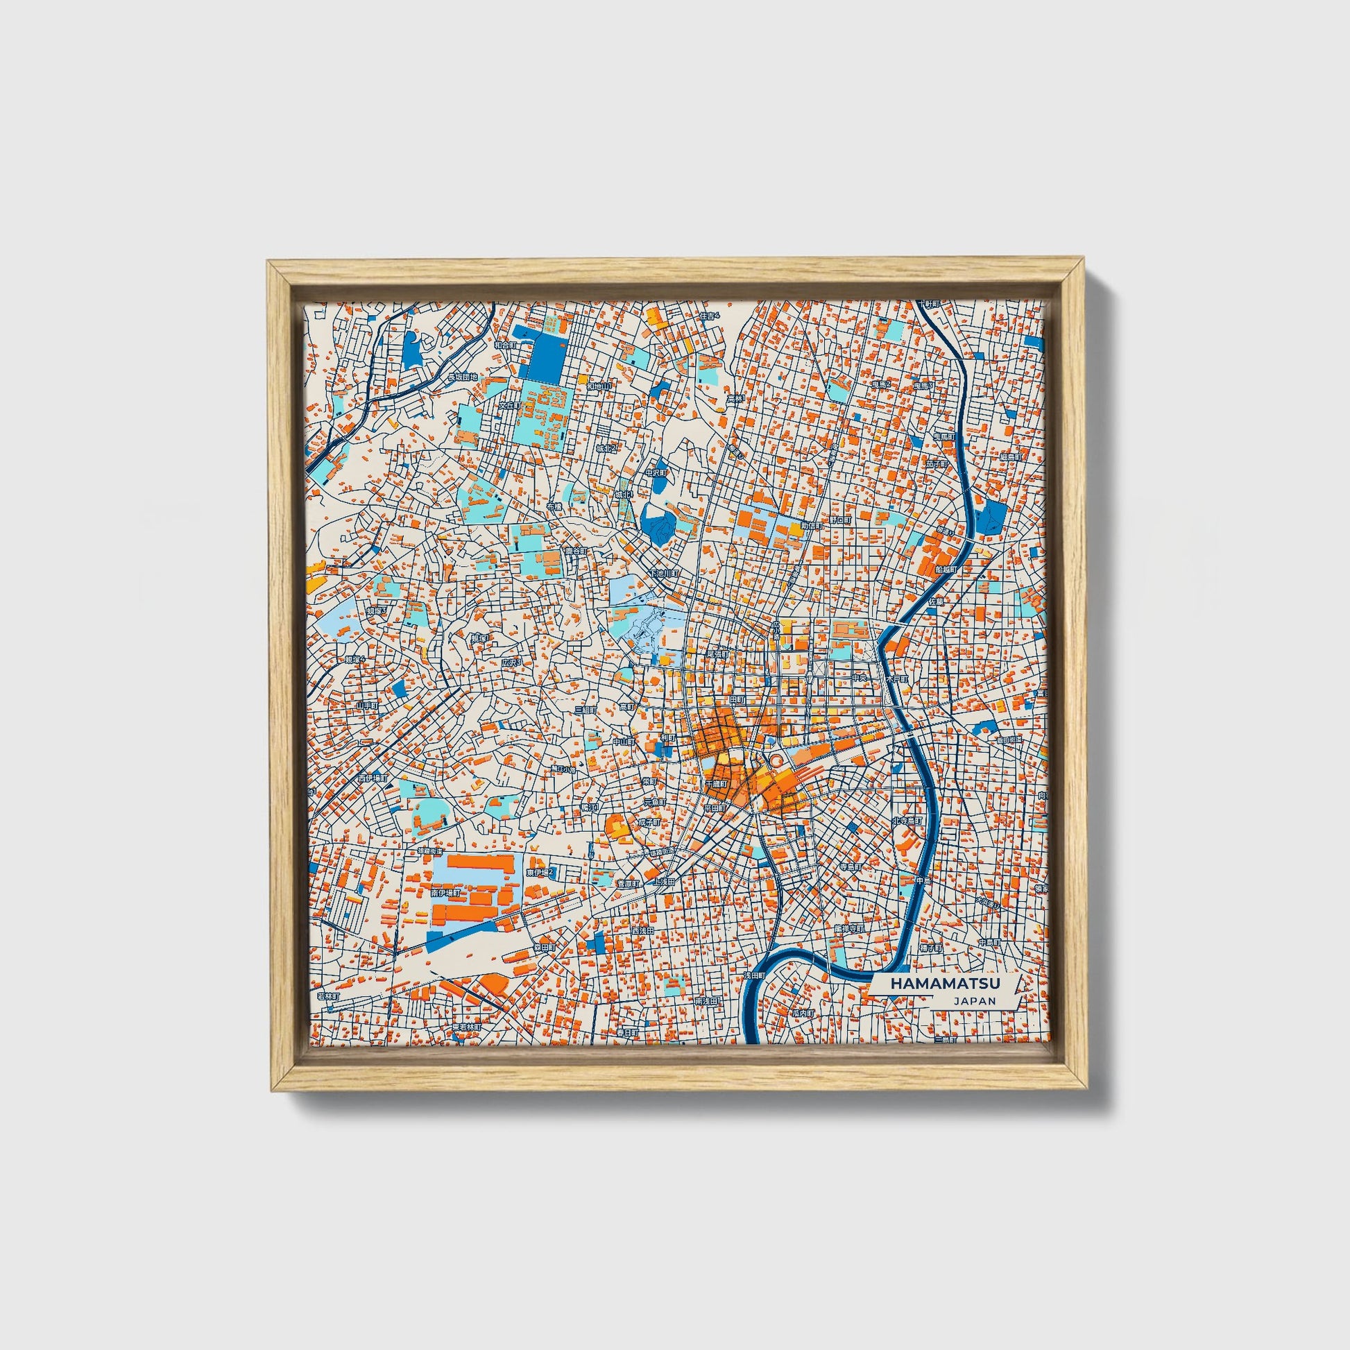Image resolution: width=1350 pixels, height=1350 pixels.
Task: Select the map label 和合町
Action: click(x=504, y=345)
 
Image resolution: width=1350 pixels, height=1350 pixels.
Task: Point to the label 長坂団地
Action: click(x=462, y=377)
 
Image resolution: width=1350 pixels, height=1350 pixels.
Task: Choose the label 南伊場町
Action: click(x=445, y=892)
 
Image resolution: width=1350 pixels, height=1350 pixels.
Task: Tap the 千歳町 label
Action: click(x=717, y=783)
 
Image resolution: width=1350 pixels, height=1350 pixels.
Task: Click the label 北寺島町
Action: click(x=907, y=821)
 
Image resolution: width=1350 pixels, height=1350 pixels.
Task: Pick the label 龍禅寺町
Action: click(x=849, y=928)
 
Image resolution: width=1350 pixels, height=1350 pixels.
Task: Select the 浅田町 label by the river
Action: click(x=755, y=974)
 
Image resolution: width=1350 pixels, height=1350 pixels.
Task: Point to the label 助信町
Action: click(x=811, y=524)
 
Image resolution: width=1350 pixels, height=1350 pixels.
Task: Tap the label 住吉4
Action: click(x=708, y=316)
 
